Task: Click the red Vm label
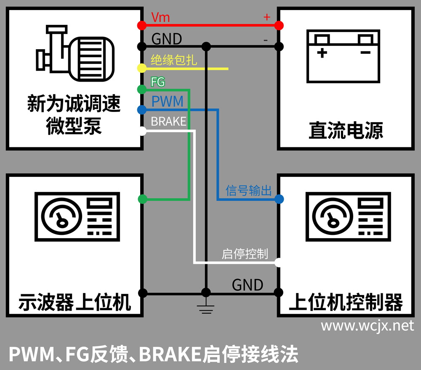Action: pos(160,17)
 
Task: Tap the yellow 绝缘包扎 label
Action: pos(173,61)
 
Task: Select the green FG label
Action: pos(157,82)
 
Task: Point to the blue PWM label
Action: pos(167,101)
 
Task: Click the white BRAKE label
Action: pos(168,121)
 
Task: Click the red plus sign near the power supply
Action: pos(266,16)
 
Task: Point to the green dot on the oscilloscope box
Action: pos(142,199)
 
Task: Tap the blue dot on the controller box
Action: pos(278,199)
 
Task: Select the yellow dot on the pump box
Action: pos(142,68)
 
